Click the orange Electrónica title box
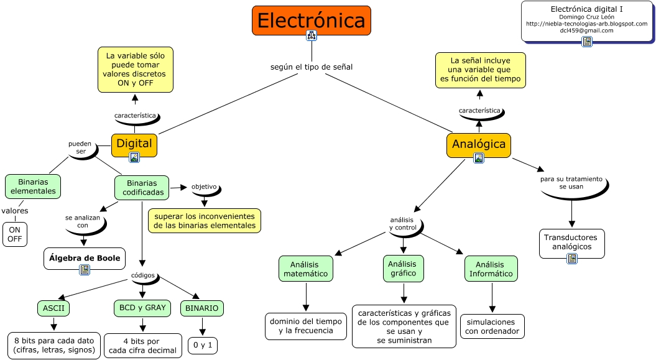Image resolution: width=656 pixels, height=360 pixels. point(311,21)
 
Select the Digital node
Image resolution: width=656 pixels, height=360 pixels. point(134,144)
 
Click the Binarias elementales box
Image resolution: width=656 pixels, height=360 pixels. point(33,186)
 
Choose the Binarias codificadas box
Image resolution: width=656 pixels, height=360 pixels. point(142,188)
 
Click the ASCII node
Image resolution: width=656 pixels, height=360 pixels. point(53,308)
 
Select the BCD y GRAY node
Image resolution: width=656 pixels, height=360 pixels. point(142,307)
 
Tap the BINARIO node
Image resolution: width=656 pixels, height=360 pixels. point(201,308)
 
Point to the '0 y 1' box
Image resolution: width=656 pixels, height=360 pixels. point(203,344)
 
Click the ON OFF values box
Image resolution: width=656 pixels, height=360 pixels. point(15,234)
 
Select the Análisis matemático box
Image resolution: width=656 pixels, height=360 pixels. point(305,268)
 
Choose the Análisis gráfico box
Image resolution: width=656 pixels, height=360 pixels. point(403,268)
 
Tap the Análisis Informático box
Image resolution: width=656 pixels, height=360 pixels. point(491,268)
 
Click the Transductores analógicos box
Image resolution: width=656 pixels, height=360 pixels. point(570,242)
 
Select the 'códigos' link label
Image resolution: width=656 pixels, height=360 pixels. point(143,275)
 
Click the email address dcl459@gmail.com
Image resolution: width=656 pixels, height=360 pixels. point(586,30)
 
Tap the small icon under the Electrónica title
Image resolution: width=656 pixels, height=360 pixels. point(312,36)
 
